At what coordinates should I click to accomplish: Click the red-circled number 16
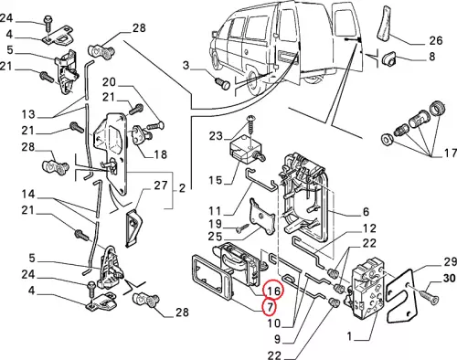[x=273, y=291]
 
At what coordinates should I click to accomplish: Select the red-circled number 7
[x=270, y=307]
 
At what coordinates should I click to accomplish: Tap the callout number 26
[x=435, y=40]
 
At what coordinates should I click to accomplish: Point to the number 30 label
[x=449, y=278]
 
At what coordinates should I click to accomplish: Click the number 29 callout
[x=450, y=261]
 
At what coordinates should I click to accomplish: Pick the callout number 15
[x=216, y=180]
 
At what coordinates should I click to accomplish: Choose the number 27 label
[x=161, y=185]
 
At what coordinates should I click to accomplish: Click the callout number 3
[x=186, y=65]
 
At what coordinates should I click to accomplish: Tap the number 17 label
[x=450, y=153]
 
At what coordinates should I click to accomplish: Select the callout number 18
[x=161, y=154]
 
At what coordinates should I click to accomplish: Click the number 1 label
[x=349, y=336]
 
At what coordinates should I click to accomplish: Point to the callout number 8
[x=432, y=57]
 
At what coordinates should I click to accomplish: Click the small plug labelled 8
[x=388, y=58]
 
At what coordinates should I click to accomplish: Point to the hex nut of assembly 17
[x=387, y=140]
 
